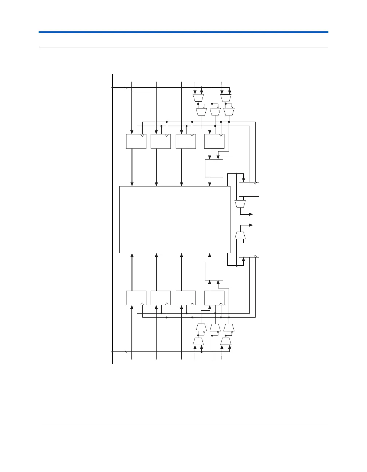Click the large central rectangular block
[175, 219]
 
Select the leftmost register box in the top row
[136, 141]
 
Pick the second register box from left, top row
[161, 141]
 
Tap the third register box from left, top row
[186, 141]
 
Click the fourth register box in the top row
[214, 141]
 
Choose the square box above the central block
[214, 168]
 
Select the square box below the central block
[214, 271]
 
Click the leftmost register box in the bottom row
[136, 298]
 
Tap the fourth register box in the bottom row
[214, 298]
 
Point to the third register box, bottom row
[186, 298]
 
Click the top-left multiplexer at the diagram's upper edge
[198, 98]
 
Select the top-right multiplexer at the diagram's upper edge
[226, 98]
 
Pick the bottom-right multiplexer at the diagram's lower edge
[226, 342]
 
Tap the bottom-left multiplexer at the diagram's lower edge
[198, 342]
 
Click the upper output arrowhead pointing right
[251, 214]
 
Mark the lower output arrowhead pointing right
[251, 225]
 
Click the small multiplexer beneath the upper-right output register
[240, 204]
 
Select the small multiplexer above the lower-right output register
[240, 236]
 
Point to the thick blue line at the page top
[183, 32]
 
